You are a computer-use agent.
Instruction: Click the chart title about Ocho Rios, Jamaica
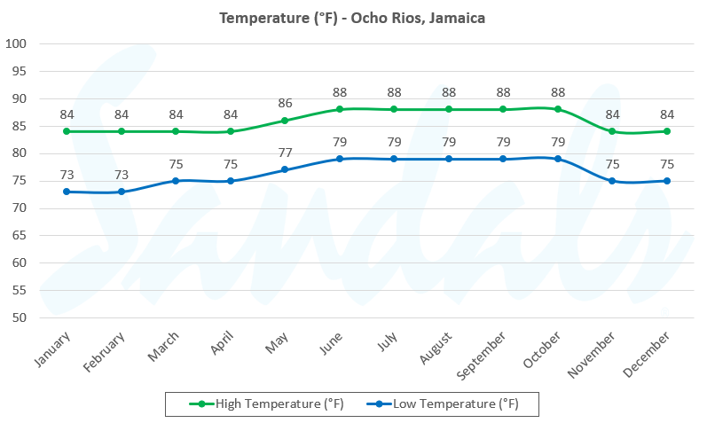352,18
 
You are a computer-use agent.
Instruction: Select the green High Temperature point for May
285,121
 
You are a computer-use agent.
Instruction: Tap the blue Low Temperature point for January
67,192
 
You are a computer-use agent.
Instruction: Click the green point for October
557,109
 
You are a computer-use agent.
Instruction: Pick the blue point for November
612,181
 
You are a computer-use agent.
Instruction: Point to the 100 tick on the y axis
17,43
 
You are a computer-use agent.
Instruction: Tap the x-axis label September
484,353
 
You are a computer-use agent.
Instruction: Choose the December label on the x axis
650,352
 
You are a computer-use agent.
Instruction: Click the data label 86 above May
285,103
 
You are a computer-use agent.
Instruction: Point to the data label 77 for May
285,153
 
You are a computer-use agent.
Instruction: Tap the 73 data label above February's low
122,174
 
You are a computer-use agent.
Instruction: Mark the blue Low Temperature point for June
339,159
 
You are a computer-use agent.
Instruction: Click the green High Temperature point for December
666,131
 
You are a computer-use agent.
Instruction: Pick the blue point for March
176,181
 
